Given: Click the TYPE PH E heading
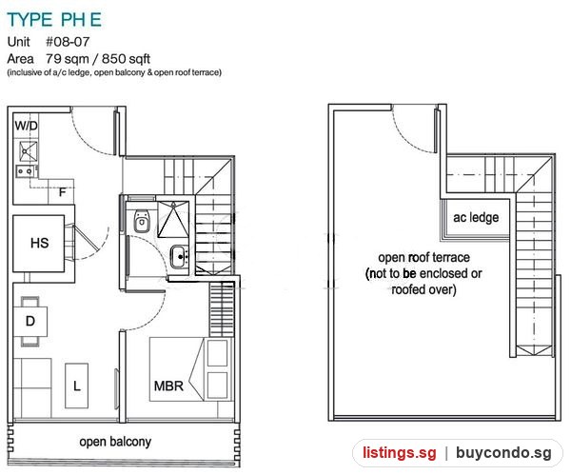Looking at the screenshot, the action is [54, 20].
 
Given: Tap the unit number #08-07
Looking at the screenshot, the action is [68, 42].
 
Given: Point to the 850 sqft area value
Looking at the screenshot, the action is [126, 59].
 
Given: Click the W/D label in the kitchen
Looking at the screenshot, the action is [27, 126].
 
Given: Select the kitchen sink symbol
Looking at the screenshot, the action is [28, 151].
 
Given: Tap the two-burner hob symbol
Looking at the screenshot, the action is [26, 170].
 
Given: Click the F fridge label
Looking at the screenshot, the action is [62, 192].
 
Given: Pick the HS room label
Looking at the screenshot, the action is [39, 243].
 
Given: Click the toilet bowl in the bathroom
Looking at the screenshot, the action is [141, 221].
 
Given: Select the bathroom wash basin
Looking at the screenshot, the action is [180, 257].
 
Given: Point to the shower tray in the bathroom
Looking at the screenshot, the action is [173, 219].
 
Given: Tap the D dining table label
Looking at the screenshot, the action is [30, 321].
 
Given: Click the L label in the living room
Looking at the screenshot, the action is [77, 386].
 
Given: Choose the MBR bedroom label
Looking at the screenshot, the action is [168, 386].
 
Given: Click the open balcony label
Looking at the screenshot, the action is [115, 442].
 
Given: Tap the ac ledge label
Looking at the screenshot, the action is [476, 217].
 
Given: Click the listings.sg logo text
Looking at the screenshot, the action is [399, 453].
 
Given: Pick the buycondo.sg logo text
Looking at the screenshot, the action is [503, 453].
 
